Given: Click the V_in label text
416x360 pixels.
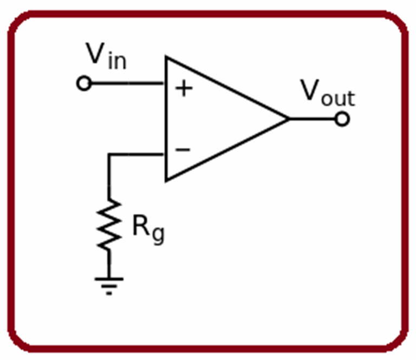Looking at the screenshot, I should (x=106, y=56).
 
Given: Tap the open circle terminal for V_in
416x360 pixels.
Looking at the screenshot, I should (x=84, y=84).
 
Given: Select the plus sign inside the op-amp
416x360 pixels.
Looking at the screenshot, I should (x=184, y=88).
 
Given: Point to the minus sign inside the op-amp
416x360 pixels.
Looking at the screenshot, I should (x=184, y=149).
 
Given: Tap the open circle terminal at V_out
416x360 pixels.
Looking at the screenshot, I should (x=342, y=119).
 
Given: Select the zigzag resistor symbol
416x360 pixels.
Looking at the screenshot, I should (x=109, y=225).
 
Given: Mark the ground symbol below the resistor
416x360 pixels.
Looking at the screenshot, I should (x=109, y=284).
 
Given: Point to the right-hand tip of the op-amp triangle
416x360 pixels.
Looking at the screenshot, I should (x=288, y=119).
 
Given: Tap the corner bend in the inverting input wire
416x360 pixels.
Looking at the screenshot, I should (x=109, y=155).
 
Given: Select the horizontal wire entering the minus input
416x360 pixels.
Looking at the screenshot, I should (x=138, y=155).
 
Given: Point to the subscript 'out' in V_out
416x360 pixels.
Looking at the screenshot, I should (x=339, y=99).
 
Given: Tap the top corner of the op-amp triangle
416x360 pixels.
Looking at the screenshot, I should (x=167, y=57).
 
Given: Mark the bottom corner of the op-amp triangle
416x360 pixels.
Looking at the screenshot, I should (x=167, y=180).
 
